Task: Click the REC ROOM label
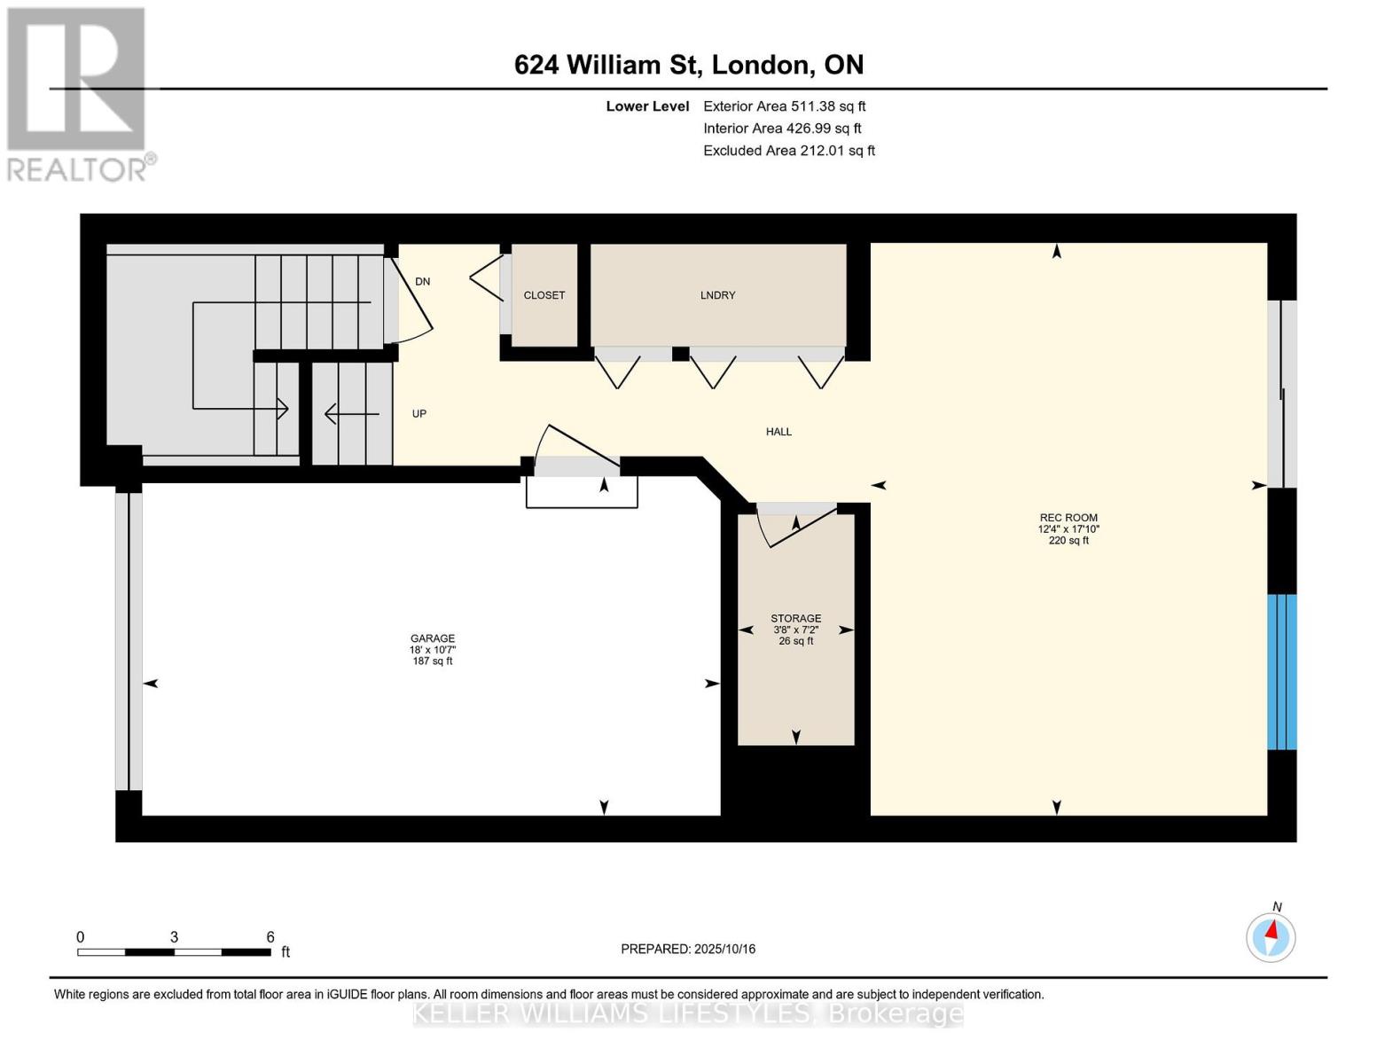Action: tap(1068, 518)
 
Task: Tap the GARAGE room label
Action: tap(433, 638)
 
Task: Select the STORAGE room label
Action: tap(795, 618)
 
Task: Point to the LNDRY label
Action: tap(717, 295)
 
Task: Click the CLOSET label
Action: tap(544, 295)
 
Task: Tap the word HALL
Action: tap(778, 432)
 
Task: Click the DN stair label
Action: tap(422, 281)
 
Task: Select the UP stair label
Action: tap(419, 413)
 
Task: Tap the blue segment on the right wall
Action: tap(1282, 671)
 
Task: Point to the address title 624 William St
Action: tap(688, 65)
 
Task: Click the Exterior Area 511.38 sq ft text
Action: tap(784, 106)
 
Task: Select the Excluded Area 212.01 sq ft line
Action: tap(788, 151)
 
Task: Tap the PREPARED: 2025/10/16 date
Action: tap(688, 949)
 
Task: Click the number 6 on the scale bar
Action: tap(270, 937)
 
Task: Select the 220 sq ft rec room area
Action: tap(1068, 541)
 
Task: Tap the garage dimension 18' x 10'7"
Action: tap(433, 650)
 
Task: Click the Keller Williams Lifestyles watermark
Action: tap(688, 1013)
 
